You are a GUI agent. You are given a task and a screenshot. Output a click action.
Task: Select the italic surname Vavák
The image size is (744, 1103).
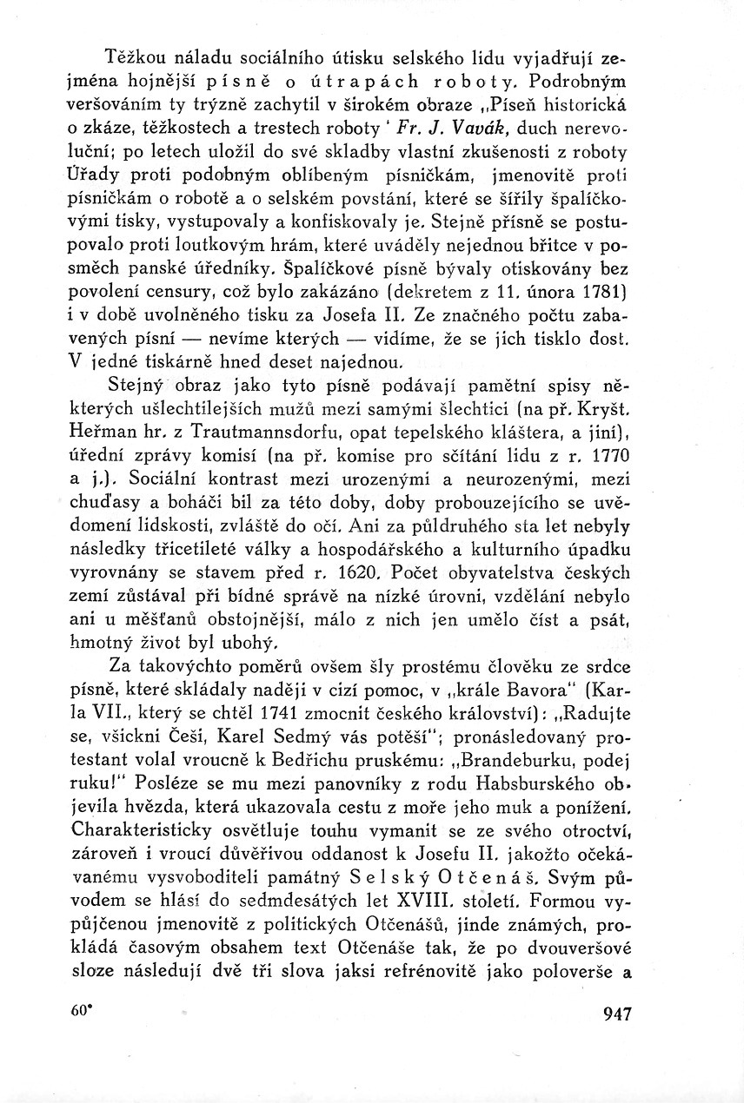tap(478, 129)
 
